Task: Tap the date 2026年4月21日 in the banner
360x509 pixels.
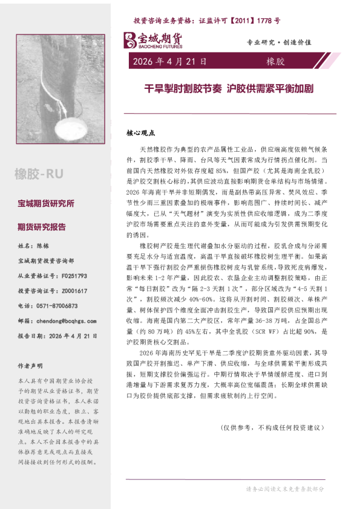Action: (169, 61)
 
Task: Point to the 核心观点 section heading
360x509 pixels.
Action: (141, 131)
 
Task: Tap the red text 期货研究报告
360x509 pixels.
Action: (42, 227)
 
